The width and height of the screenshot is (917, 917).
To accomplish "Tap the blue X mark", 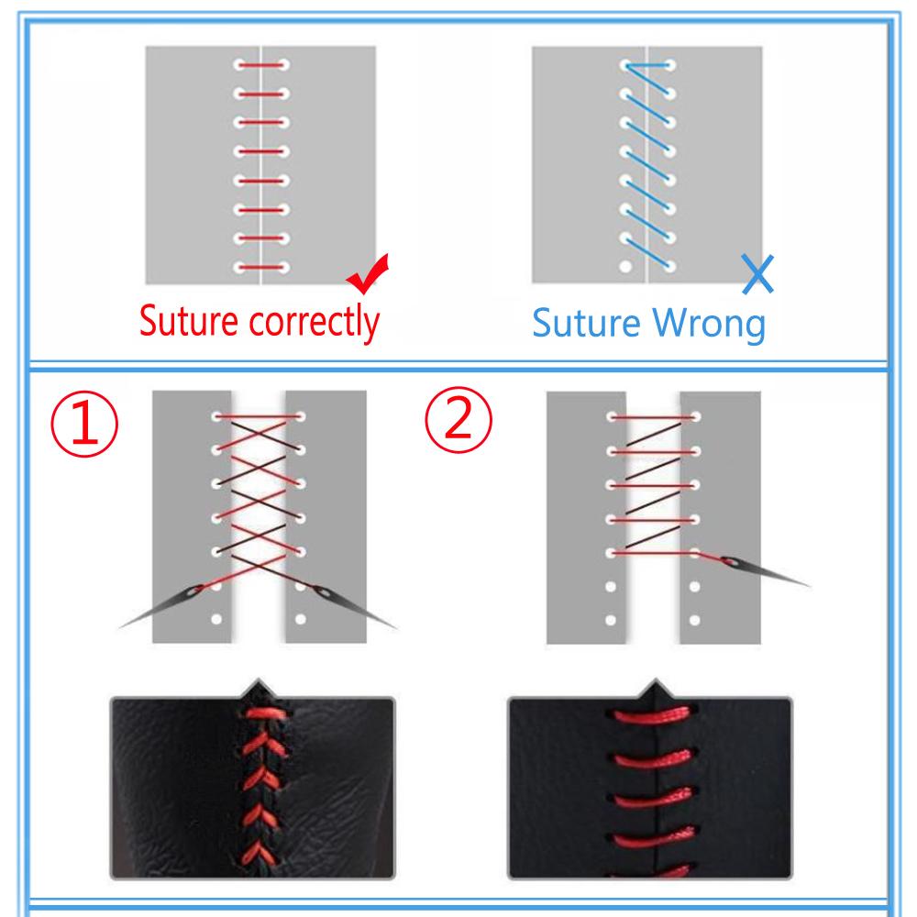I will pos(757,274).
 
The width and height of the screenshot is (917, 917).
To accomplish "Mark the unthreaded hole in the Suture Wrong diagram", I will pos(625,267).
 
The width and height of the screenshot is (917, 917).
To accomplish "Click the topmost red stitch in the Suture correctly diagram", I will pos(261,66).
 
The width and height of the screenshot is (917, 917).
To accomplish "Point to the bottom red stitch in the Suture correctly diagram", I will pos(261,268).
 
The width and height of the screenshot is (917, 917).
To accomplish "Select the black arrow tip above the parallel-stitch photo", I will pos(655,687).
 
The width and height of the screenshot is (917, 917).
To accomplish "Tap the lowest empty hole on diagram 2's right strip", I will pos(694,621).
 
